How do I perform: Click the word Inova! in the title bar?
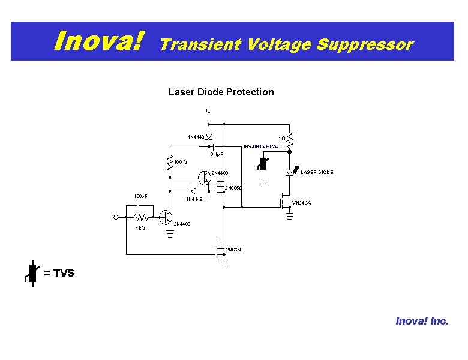pos(100,41)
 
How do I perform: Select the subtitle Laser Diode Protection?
pos(221,92)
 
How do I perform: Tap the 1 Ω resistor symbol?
pos(289,140)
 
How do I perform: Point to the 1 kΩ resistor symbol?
pos(141,217)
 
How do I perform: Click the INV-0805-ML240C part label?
pos(263,146)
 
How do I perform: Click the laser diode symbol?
pos(290,173)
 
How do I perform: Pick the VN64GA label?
pos(301,203)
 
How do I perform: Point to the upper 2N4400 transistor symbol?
pos(204,177)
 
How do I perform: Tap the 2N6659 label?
pos(235,249)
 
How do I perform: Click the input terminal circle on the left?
pos(116,217)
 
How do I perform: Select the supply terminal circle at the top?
pos(209,110)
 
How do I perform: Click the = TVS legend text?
pos(59,274)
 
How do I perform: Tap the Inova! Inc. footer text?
pos(421,321)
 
